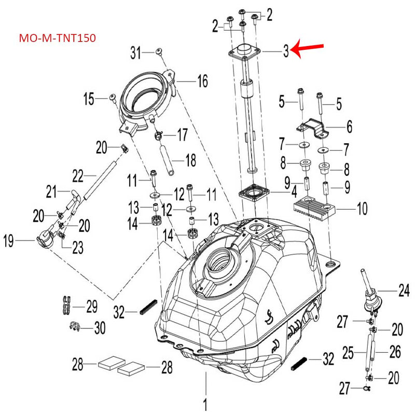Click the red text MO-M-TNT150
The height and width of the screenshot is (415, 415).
[x=57, y=38]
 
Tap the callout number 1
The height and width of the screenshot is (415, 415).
[x=205, y=403]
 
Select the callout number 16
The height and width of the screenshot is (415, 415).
[x=202, y=81]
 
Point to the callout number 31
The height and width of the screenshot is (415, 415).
[x=135, y=52]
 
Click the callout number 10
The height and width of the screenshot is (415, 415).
[x=362, y=209]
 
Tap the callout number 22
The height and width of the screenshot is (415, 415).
[x=77, y=177]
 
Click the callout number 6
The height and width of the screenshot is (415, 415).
[x=349, y=126]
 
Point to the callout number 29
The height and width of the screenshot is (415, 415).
[x=91, y=307]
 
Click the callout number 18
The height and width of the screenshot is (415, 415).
[x=191, y=160]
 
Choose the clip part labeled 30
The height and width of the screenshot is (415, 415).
[x=74, y=327]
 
